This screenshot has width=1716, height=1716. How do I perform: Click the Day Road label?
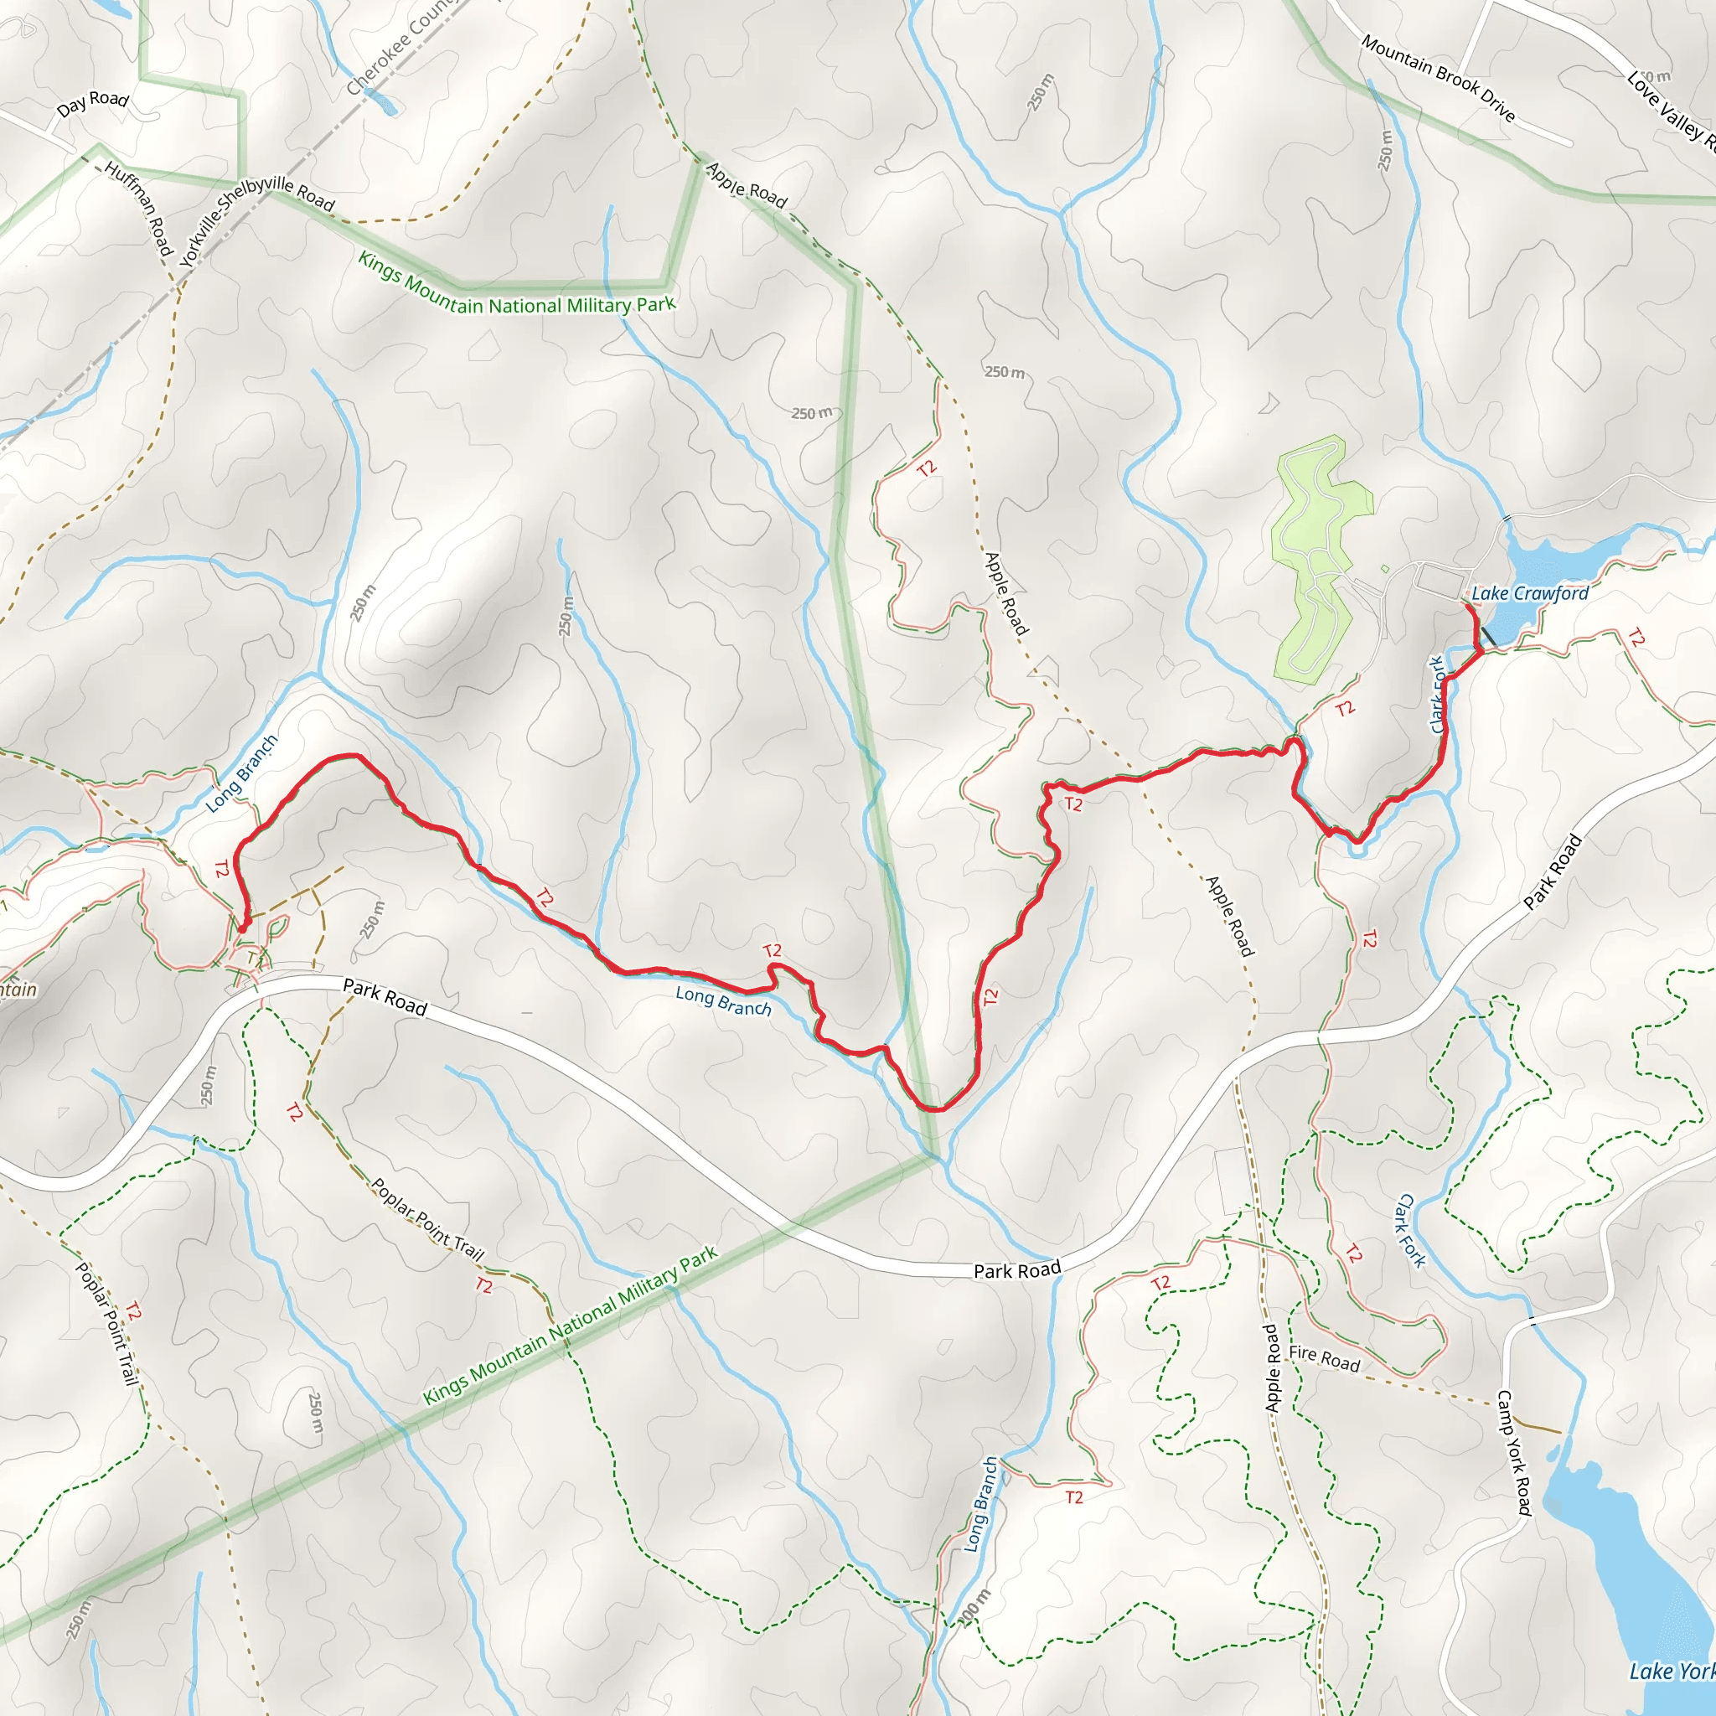pos(92,103)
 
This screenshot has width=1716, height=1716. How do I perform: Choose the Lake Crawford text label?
pos(1529,593)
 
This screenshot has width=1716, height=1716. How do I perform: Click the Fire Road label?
pos(1323,1358)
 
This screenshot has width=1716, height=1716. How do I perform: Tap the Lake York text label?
pos(1670,1672)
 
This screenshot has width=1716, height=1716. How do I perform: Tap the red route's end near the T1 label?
pos(241,928)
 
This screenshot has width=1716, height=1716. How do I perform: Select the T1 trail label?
pos(255,959)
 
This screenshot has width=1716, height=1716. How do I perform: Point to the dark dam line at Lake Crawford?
pos(1488,636)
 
